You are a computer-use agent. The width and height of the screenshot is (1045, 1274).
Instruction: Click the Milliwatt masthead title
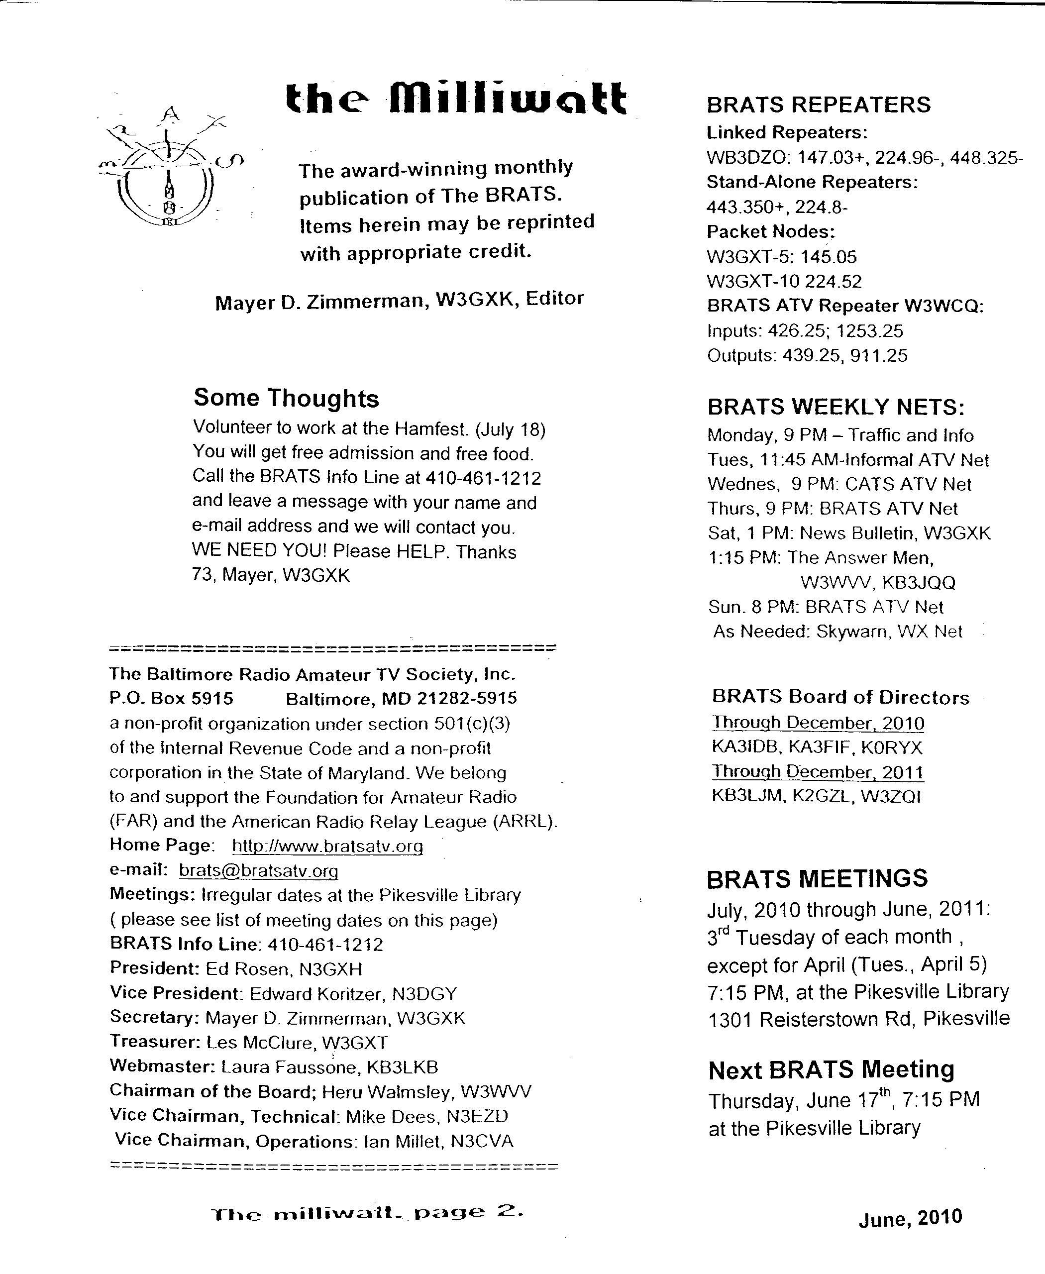click(456, 99)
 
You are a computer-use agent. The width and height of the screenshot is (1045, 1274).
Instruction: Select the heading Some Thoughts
click(286, 398)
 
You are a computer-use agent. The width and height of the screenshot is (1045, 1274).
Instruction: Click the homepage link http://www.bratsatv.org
click(327, 846)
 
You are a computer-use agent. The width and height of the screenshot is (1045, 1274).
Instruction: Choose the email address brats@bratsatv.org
click(258, 870)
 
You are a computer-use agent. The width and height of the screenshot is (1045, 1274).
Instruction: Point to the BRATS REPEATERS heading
click(818, 105)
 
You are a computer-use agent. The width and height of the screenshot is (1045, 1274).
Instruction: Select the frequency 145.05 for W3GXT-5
click(829, 257)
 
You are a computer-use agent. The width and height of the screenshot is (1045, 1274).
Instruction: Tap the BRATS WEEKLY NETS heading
click(836, 408)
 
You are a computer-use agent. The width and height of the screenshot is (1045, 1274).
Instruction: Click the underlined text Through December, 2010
click(818, 723)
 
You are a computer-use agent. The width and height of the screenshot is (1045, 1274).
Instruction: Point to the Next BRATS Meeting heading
click(831, 1070)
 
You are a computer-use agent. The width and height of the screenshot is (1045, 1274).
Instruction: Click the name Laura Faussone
click(290, 1067)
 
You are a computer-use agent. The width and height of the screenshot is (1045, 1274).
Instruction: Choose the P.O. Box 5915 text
click(171, 698)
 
